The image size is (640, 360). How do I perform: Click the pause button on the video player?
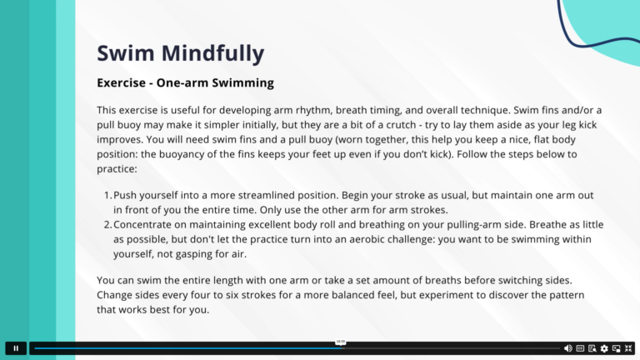click(15, 348)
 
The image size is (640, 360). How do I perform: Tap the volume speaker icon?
click(568, 348)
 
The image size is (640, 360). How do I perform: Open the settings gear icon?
click(604, 348)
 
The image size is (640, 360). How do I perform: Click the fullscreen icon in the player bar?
click(628, 348)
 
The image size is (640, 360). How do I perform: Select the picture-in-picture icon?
click(617, 348)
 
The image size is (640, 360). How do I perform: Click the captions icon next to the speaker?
click(580, 348)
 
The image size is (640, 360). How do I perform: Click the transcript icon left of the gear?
click(592, 348)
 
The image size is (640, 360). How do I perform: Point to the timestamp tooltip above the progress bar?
click(341, 342)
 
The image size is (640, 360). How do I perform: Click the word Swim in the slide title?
click(121, 53)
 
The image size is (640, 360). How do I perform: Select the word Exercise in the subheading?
click(122, 83)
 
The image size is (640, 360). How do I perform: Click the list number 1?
click(107, 195)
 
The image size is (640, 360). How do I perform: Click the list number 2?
click(107, 225)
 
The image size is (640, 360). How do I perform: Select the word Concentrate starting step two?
click(147, 225)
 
